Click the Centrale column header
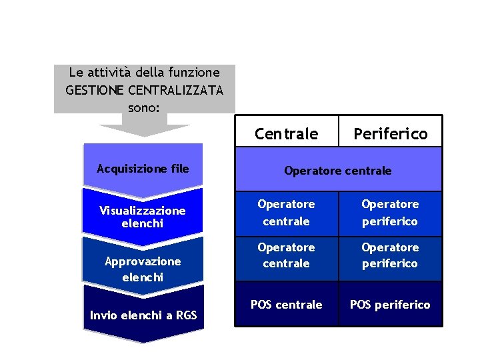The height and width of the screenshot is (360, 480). pos(286,134)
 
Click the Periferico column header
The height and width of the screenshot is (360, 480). pos(390,134)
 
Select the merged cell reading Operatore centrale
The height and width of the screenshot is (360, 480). pos(338,171)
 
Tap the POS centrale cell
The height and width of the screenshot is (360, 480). pos(286,305)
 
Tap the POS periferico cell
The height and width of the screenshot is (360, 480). pos(390,305)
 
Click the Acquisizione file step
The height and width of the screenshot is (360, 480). pos(143,169)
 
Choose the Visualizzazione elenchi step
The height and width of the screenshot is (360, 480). pos(143,217)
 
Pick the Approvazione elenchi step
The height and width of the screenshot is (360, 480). pos(143,269)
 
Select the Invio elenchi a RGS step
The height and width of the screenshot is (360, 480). pos(143,315)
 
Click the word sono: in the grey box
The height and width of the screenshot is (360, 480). pos(144,105)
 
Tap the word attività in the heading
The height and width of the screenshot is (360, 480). pos(111,72)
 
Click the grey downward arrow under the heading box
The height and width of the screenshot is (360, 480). pos(144,129)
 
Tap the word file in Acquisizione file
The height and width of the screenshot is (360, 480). pos(179,169)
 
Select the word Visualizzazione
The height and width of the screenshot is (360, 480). pos(143,211)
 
